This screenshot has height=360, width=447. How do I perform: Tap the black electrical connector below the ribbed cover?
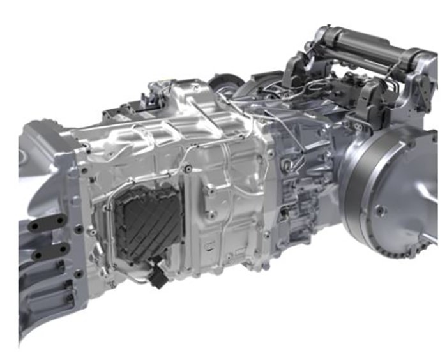[155, 276]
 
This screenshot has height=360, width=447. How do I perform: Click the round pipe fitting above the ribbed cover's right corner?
[186, 169]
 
